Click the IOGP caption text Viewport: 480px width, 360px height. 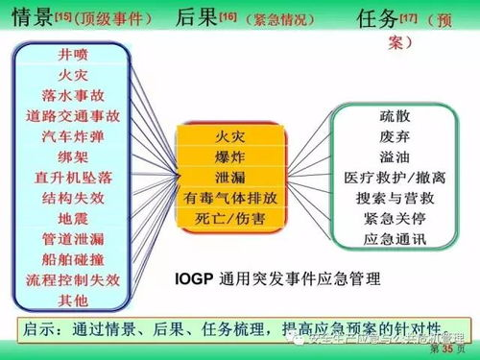click(278, 279)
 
